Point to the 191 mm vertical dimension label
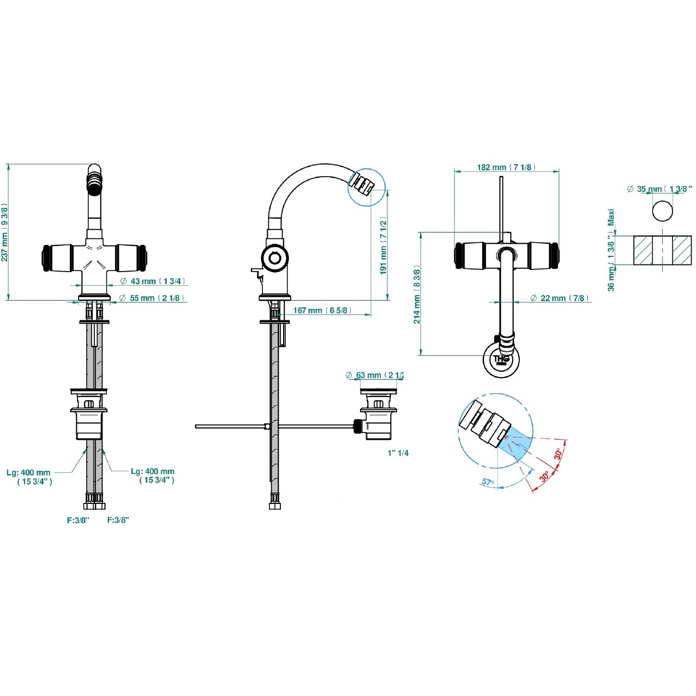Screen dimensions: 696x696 383,245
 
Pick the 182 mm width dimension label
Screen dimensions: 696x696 506,167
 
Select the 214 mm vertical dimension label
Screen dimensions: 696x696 417,296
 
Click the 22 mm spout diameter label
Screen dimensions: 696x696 560,298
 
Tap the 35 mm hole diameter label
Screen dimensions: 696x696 659,189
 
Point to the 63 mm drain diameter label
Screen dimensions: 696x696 374,375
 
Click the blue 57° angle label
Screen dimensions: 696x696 488,482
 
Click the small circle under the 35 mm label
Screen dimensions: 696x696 662,210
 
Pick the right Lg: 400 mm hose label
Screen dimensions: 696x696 153,476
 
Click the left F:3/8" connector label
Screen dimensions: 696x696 78,520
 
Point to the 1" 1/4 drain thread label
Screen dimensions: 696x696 398,453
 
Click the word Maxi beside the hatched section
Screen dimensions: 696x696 611,218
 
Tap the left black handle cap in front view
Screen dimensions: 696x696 46,257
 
